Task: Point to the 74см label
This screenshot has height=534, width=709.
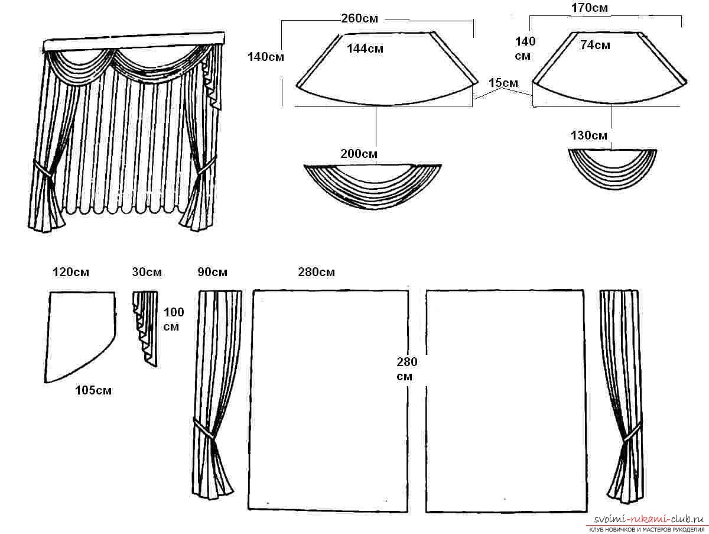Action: coord(594,45)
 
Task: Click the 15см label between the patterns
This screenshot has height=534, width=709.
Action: coord(503,84)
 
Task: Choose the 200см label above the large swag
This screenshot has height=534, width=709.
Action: coord(359,154)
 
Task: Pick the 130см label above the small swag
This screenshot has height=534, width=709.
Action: coord(588,135)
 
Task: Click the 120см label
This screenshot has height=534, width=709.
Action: coord(71,273)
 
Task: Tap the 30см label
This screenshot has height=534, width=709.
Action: coord(147,273)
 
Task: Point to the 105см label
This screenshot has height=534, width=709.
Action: coord(93,390)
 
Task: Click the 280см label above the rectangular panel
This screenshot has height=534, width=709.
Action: coord(317,273)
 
